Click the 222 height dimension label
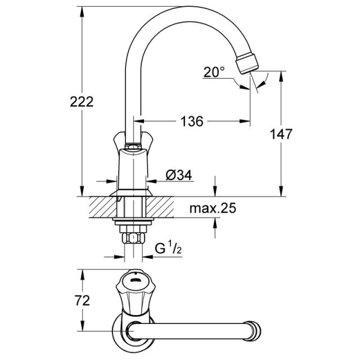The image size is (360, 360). click(x=82, y=102)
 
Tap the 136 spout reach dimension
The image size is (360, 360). click(x=192, y=121)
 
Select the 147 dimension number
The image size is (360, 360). click(x=281, y=134)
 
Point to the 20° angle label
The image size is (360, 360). click(x=214, y=72)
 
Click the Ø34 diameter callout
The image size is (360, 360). click(x=179, y=175)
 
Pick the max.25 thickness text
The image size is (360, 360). click(x=213, y=208)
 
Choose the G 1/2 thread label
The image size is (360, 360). click(x=168, y=248)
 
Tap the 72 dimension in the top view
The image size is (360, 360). click(x=82, y=300)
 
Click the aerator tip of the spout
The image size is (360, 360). click(x=247, y=64)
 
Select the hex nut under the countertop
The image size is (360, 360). click(x=133, y=238)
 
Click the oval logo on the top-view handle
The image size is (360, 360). click(x=135, y=280)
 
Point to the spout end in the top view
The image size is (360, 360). click(x=255, y=331)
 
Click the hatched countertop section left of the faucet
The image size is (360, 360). click(x=103, y=207)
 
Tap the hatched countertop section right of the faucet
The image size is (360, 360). click(x=160, y=207)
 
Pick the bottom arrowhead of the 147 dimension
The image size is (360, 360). click(x=281, y=191)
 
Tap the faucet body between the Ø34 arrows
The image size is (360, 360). click(x=133, y=170)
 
